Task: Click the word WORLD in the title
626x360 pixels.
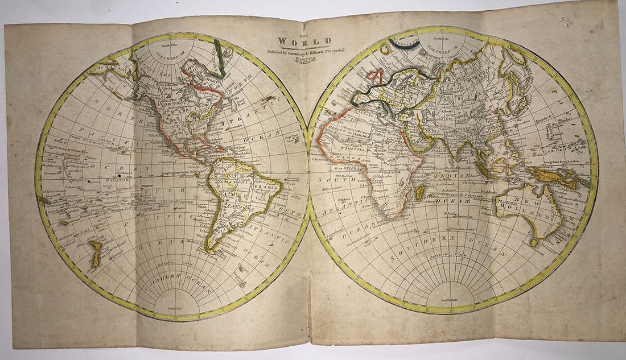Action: (x=304, y=42)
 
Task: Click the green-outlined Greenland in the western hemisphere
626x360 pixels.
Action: (x=219, y=57)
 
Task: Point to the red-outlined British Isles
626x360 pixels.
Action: (x=375, y=77)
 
